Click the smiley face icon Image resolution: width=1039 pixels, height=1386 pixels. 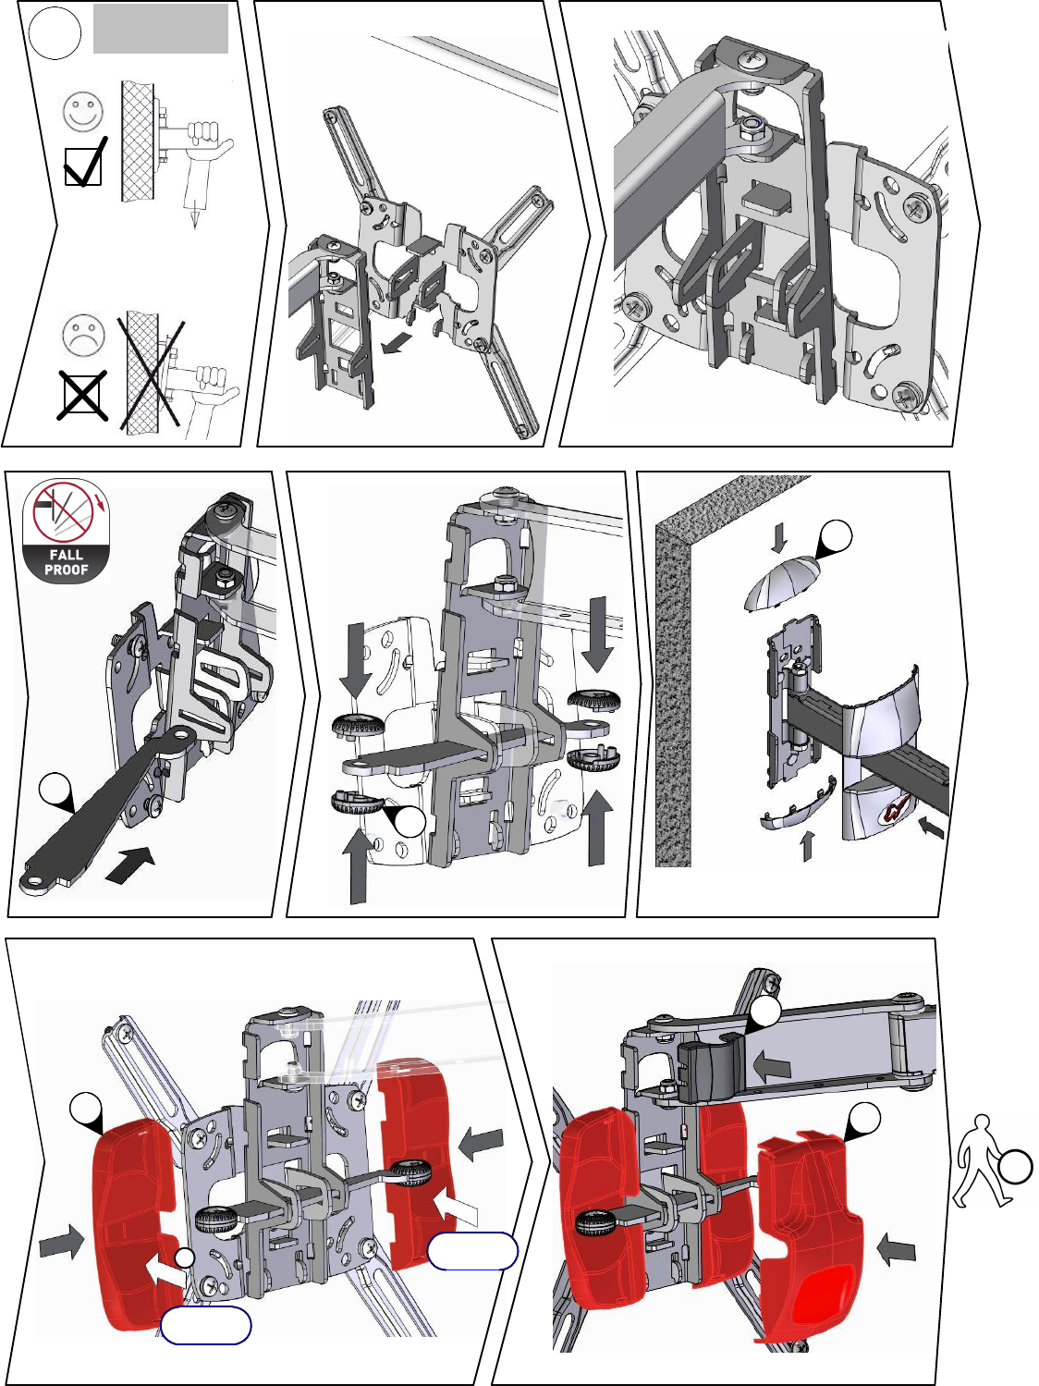[83, 112]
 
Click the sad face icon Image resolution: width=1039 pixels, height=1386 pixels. [83, 334]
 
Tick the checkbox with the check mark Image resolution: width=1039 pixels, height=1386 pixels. [85, 163]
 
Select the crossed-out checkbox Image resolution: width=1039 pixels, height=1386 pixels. [82, 396]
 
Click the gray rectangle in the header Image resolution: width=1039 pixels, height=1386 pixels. [160, 29]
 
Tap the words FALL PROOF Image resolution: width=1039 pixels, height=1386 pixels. [67, 562]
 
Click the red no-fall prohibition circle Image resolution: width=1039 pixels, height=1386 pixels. [63, 510]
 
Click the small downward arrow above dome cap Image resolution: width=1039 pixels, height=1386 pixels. [780, 536]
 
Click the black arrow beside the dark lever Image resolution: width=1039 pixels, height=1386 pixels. [130, 865]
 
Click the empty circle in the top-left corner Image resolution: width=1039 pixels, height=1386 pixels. [55, 33]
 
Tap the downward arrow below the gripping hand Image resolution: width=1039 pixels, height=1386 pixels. [194, 214]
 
